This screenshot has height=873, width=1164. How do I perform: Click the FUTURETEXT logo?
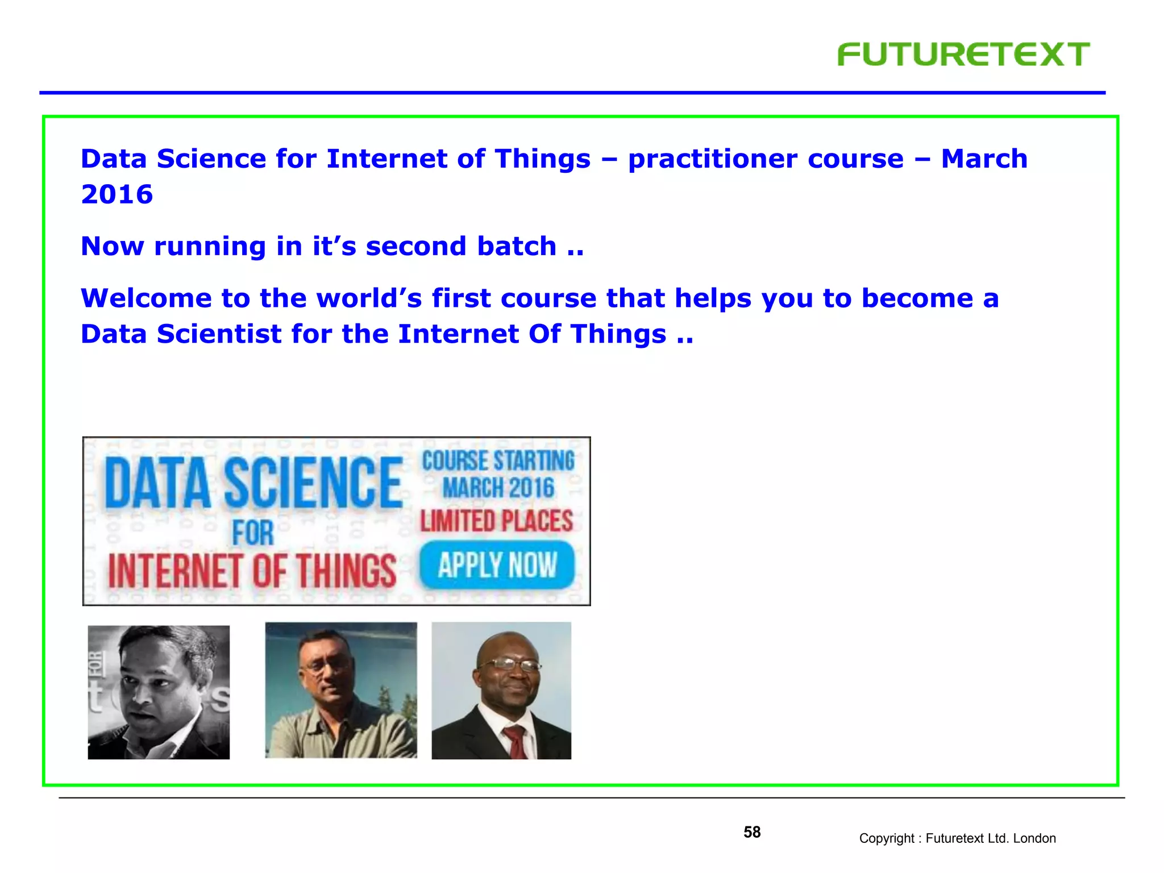pos(963,55)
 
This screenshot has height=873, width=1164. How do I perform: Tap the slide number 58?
pos(751,832)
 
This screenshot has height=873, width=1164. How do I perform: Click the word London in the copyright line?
pos(1034,838)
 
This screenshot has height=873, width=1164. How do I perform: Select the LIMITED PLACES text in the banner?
pos(496,521)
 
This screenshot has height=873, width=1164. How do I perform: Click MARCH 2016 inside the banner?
pos(498,488)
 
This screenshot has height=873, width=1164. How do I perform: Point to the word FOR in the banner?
pos(252,533)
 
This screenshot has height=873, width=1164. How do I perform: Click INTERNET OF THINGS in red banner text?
pos(252,571)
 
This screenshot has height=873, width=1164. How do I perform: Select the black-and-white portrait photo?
pos(159,692)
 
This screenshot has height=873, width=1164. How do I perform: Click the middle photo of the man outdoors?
pos(341,690)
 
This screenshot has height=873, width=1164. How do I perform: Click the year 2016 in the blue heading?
pos(117,194)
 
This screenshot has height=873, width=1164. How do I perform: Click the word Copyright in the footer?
pos(886,838)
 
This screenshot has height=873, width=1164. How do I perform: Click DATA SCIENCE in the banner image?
pos(253,483)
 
